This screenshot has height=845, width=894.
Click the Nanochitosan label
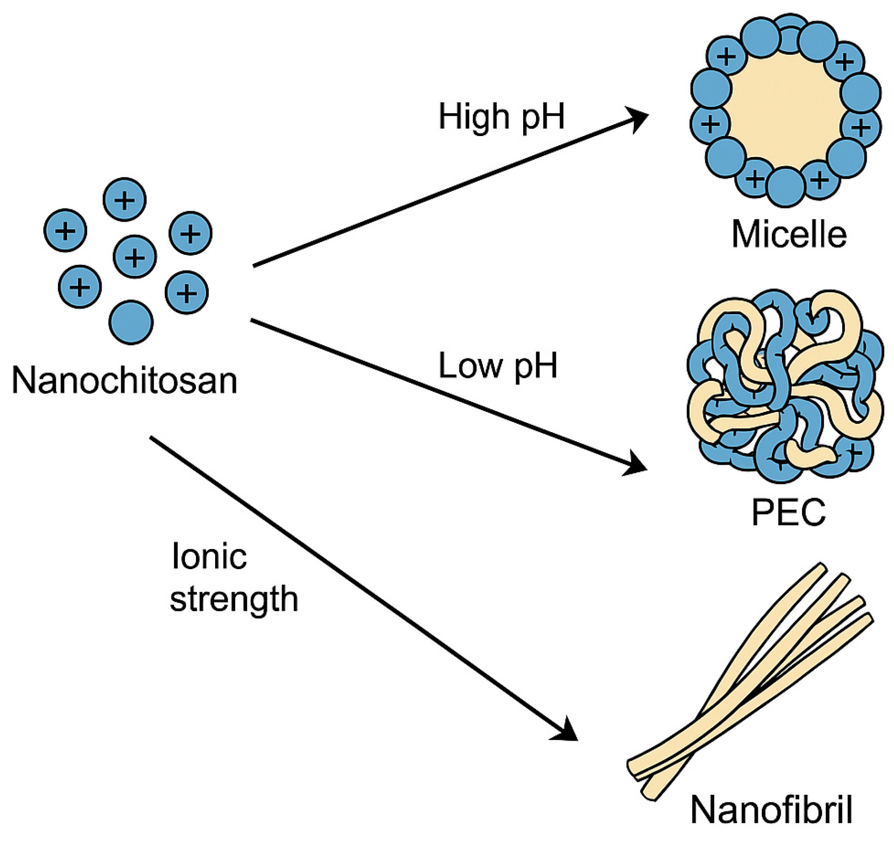[x=124, y=381]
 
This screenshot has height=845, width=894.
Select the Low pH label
[x=498, y=366]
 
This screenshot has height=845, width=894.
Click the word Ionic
[x=209, y=557]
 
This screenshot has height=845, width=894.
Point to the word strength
[x=234, y=599]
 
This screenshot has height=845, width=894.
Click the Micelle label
[x=789, y=234]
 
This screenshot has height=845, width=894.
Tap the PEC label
[x=788, y=512]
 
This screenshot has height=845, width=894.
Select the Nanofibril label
[x=771, y=810]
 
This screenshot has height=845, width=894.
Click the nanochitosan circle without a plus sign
[x=131, y=322]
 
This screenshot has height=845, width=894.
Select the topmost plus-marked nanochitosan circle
[x=125, y=200]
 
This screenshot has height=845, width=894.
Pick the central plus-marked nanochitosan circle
[x=135, y=257]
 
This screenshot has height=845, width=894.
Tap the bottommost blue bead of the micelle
[x=785, y=187]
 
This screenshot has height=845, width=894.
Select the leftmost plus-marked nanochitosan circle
[x=65, y=230]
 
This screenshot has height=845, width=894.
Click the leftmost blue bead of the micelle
[x=711, y=89]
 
